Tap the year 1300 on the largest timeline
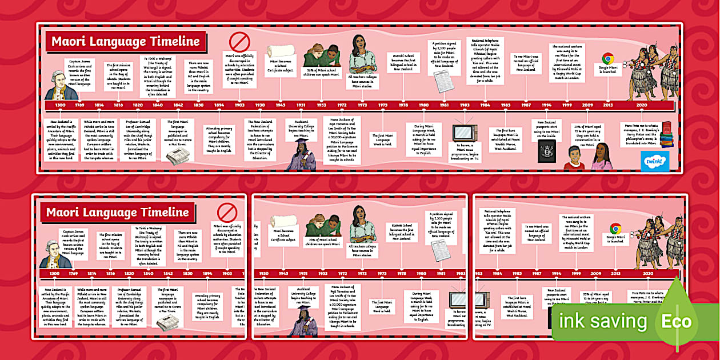click(x=60, y=106)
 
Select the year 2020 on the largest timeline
click(x=642, y=106)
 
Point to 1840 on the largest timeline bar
click(x=157, y=106)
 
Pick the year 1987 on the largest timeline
click(x=526, y=106)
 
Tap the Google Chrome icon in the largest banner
click(x=607, y=58)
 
